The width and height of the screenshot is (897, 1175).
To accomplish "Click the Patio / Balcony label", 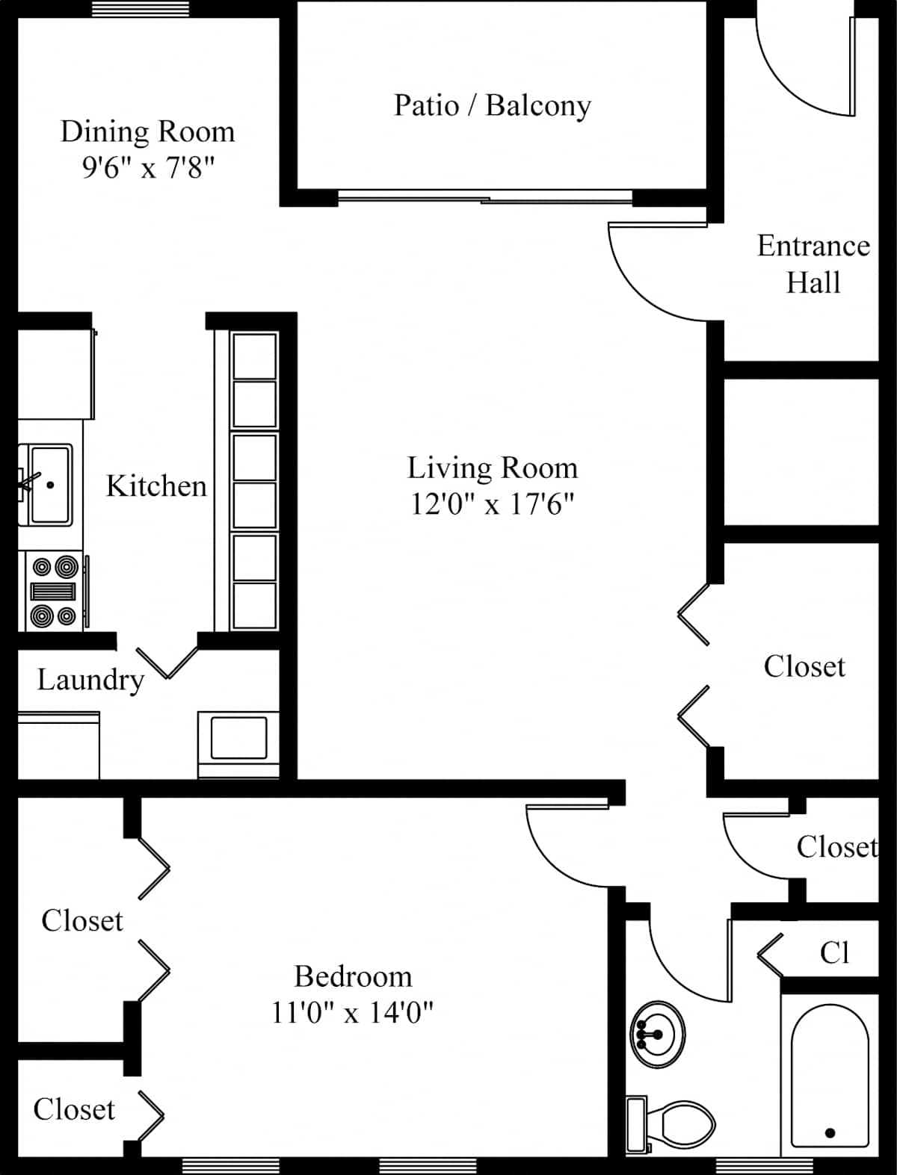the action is point(493,105).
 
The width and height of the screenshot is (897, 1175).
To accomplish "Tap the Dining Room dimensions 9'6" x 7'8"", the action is point(148,168).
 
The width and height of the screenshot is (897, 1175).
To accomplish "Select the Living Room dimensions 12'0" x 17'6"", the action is point(492,504).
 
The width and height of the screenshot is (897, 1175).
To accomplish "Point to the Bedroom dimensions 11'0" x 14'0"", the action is point(352,1012).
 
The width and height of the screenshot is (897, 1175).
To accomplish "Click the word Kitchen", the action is point(156,486).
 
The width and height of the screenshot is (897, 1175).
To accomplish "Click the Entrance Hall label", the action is point(813,264).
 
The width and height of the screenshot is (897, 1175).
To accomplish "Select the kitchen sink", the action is point(46,485).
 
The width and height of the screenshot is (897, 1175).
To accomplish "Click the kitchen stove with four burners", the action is point(52,591).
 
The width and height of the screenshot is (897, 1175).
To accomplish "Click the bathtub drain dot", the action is point(830,1132).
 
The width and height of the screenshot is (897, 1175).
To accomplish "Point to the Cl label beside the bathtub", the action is point(834,952).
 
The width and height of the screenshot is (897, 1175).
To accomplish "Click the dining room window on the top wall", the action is point(141,8).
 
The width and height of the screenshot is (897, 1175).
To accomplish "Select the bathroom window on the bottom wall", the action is point(764,1166).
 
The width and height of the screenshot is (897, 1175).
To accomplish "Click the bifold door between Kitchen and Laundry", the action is point(167,663).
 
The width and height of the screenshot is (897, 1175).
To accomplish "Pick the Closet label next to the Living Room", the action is point(804,666).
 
